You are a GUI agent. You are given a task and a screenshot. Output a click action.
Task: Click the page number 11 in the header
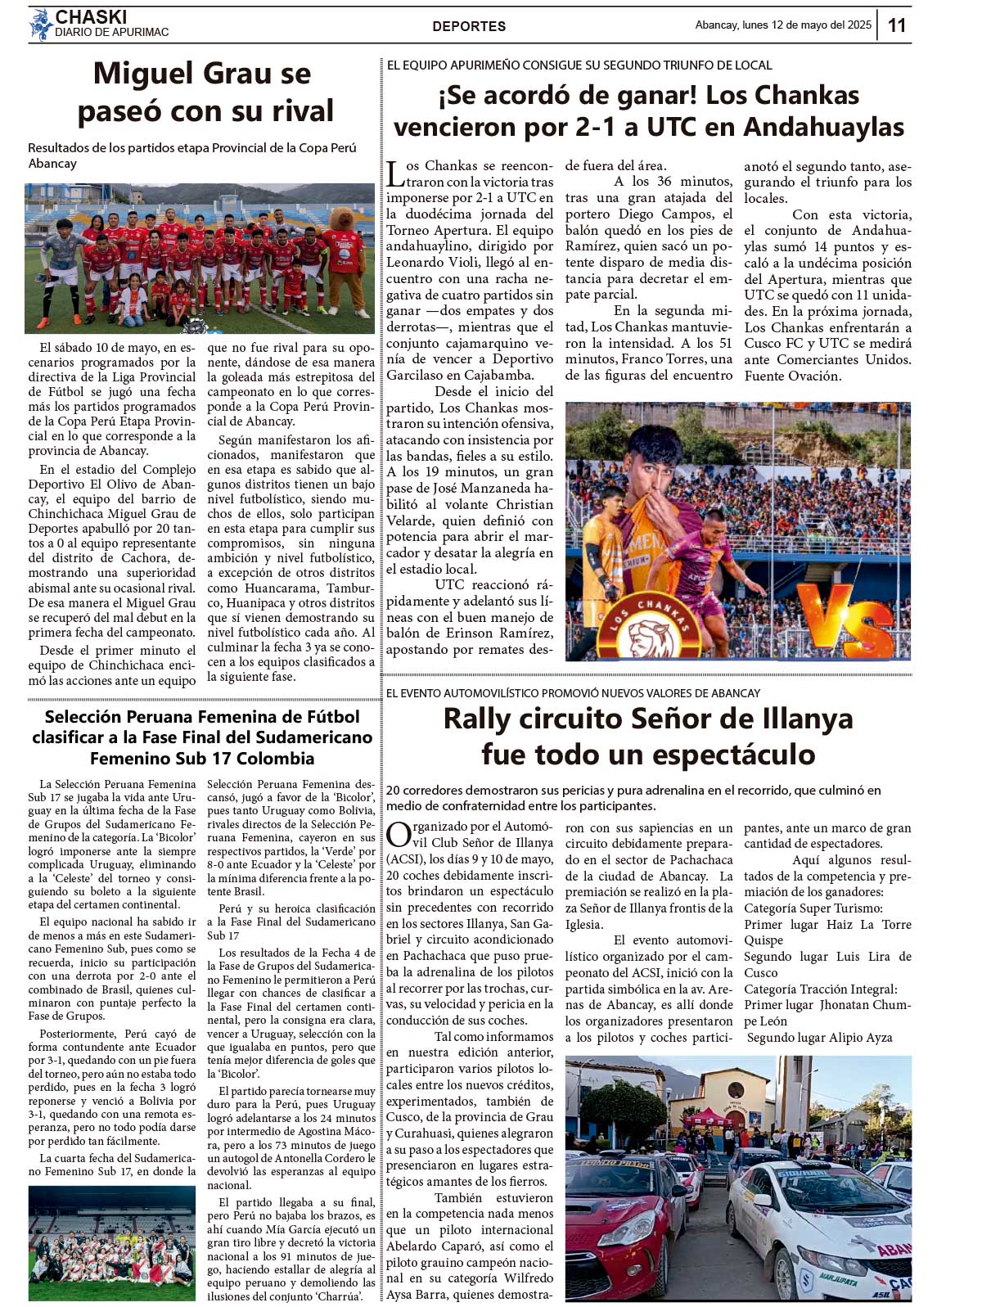[897, 25]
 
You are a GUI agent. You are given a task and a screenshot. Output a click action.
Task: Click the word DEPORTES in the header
[469, 26]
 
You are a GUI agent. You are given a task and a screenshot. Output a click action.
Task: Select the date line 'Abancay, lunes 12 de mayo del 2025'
[782, 25]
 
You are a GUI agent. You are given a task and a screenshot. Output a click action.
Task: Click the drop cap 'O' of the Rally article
[398, 834]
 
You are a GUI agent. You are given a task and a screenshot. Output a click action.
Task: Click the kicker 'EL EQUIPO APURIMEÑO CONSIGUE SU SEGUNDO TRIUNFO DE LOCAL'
[579, 65]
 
